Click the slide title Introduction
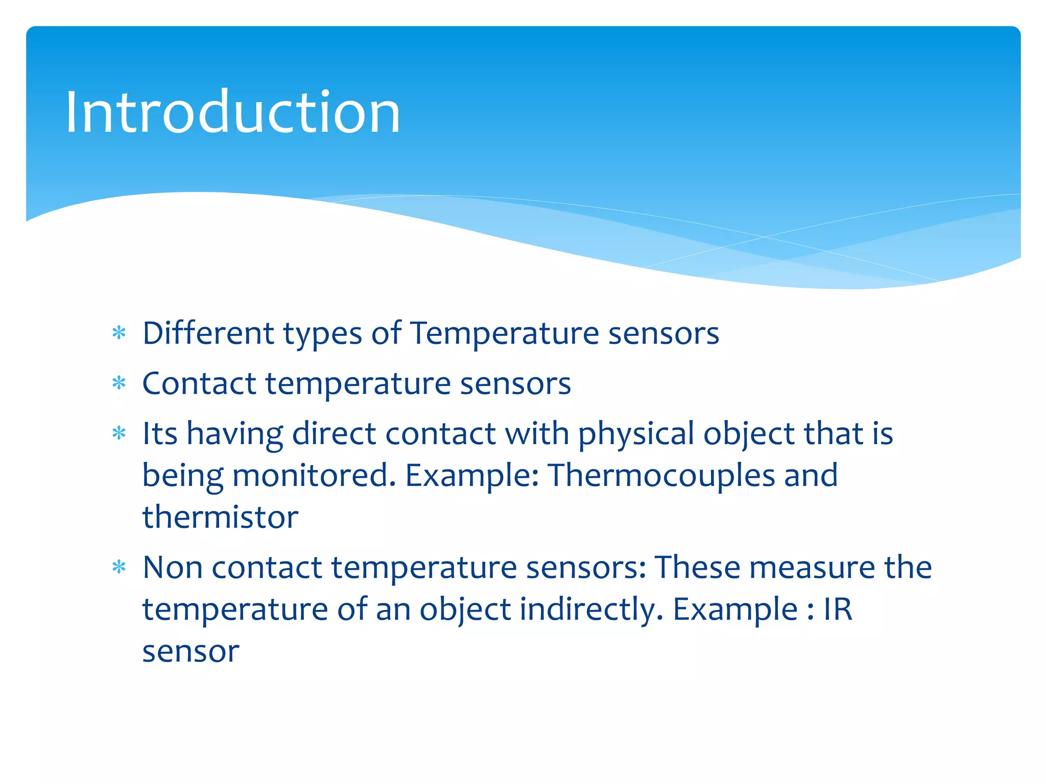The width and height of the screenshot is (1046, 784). (x=232, y=112)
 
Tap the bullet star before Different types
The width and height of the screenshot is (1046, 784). (x=119, y=333)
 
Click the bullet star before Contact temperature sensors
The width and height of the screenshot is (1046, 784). (x=119, y=383)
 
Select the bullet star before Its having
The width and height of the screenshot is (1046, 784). (x=119, y=433)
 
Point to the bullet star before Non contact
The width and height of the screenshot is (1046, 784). (x=119, y=567)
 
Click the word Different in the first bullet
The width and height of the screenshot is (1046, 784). (x=208, y=333)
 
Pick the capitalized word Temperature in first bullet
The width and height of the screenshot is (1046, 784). (x=504, y=333)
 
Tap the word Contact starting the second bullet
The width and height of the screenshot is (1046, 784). (x=199, y=383)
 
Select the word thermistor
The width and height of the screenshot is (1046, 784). (x=220, y=517)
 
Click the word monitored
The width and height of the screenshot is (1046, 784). (x=314, y=475)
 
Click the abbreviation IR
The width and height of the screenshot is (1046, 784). (x=838, y=609)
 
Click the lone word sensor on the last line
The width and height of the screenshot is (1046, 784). (x=191, y=652)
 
